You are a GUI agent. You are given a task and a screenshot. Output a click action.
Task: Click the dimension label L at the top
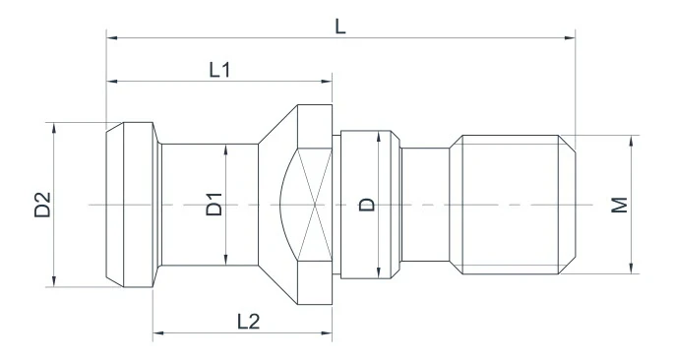click(x=340, y=26)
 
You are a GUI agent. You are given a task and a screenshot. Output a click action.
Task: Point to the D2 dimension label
click(x=41, y=205)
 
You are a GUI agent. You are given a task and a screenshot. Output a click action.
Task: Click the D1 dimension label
click(x=214, y=205)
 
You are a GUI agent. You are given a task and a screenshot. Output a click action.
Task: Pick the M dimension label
click(x=618, y=205)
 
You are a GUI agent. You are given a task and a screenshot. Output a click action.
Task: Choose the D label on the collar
click(x=366, y=205)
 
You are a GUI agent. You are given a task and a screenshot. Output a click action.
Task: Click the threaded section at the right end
click(x=512, y=205)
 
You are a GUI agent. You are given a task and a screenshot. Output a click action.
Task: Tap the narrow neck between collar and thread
click(x=425, y=205)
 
